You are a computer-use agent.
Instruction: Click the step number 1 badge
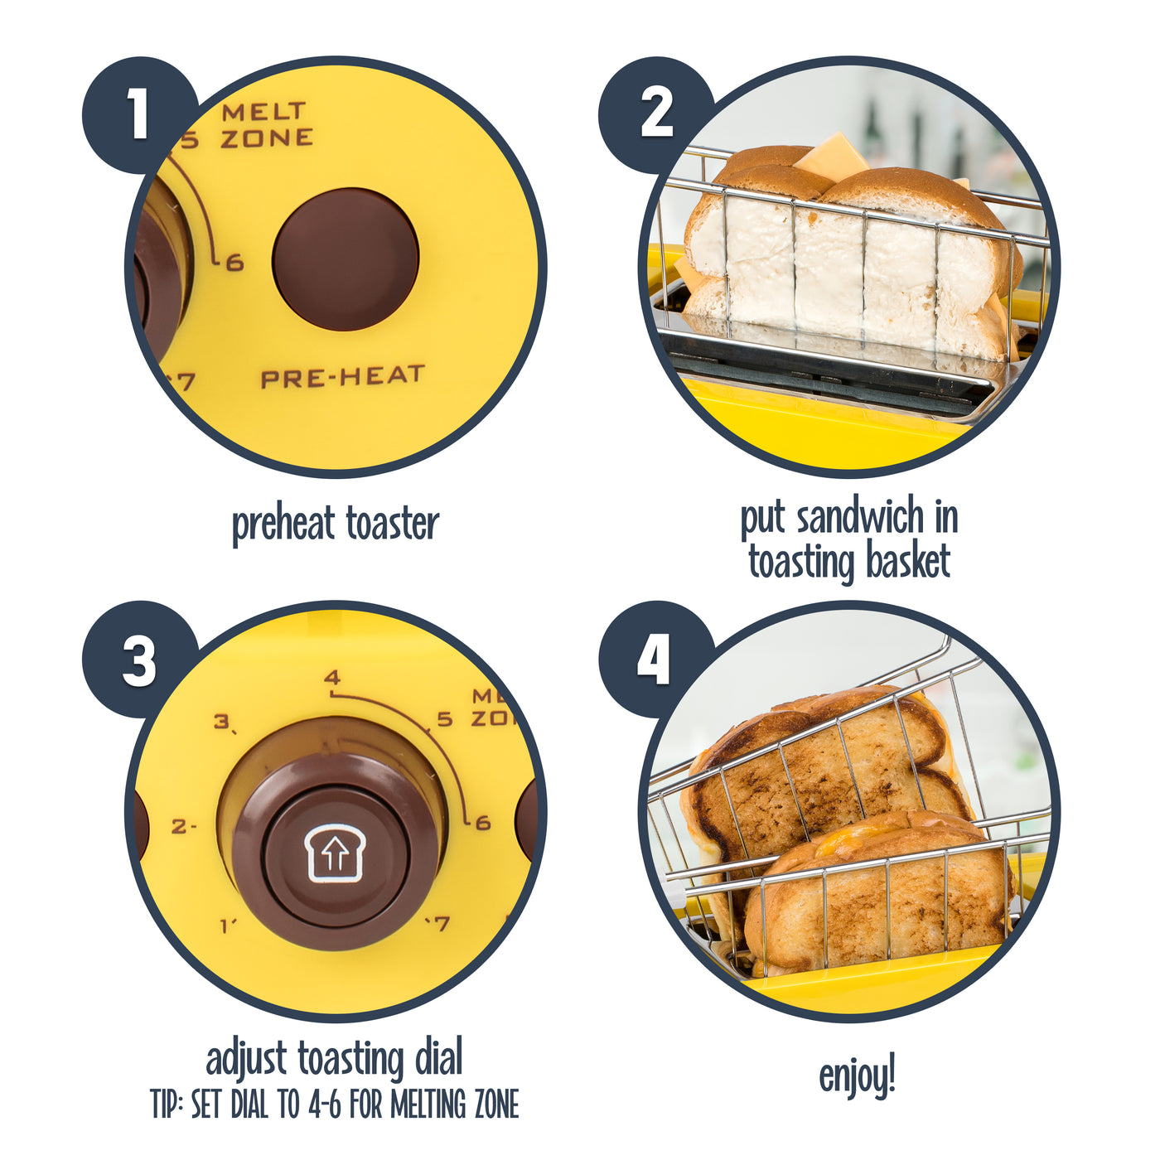(x=138, y=114)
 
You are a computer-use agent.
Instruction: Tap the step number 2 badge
(x=656, y=114)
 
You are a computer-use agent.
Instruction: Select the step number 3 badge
(x=138, y=660)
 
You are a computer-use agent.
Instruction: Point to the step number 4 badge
(x=655, y=660)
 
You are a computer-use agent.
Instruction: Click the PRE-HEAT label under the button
(x=342, y=377)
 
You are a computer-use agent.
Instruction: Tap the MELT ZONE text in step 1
(x=266, y=125)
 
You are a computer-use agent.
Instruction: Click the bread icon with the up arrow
(x=335, y=853)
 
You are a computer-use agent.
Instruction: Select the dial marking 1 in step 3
(x=227, y=926)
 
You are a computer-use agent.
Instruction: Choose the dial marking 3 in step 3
(x=223, y=722)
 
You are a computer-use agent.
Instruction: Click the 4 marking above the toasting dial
(x=332, y=678)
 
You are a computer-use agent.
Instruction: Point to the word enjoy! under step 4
(x=857, y=1076)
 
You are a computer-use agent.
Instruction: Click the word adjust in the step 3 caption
(x=246, y=1060)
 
